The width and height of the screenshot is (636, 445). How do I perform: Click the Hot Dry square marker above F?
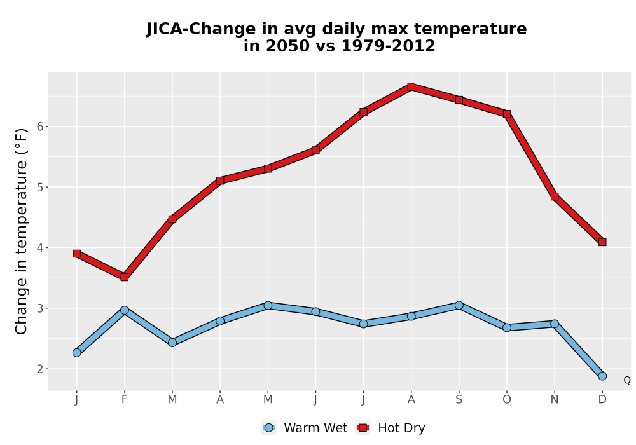point(125,277)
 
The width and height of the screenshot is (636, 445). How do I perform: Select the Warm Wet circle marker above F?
point(125,310)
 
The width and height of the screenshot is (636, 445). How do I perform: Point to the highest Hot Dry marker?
point(411,86)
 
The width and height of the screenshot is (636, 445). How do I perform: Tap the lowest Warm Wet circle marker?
point(602,376)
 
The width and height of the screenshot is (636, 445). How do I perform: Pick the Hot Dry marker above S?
point(459,100)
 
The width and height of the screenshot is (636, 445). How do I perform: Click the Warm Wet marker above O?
point(507,327)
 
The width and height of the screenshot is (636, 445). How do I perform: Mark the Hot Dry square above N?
point(555,196)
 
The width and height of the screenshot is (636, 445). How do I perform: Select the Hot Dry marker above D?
point(602,242)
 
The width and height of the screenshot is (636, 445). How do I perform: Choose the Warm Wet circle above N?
point(555,324)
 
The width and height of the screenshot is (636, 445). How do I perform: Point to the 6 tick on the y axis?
point(39,127)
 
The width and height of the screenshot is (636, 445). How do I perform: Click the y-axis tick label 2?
point(39,369)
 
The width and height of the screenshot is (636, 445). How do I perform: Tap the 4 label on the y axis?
point(39,248)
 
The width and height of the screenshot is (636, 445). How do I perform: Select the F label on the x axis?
point(125,400)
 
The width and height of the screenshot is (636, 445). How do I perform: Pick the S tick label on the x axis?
point(459,400)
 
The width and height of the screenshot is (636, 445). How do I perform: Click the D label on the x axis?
point(602,400)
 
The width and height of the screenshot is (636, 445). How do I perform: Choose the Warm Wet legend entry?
point(305,428)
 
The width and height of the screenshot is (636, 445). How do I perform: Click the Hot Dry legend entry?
point(391,428)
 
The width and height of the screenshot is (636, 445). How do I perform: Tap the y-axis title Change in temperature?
point(21,231)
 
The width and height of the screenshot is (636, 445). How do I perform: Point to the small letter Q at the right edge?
point(627,380)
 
